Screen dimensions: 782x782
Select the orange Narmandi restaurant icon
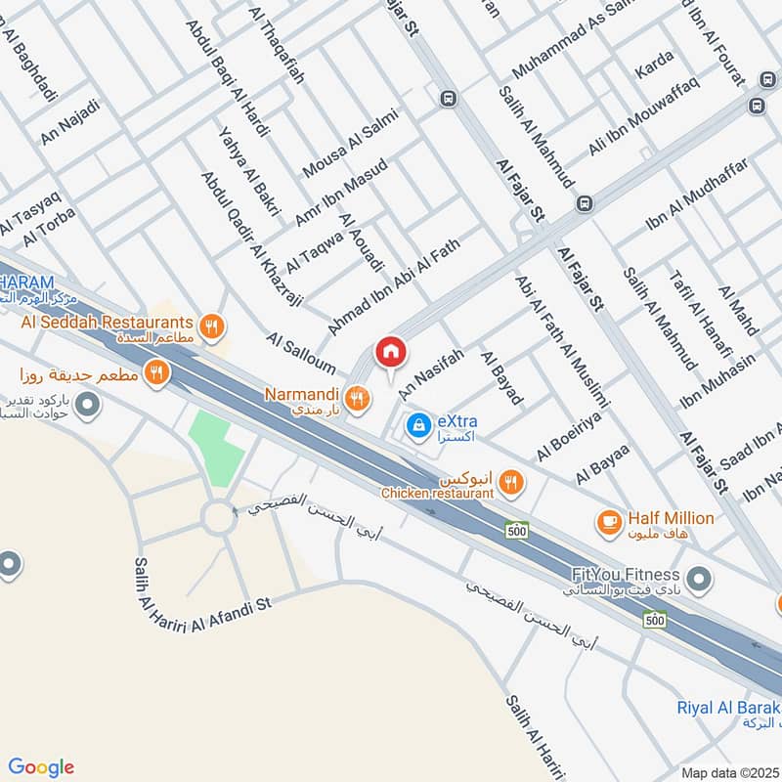(358, 397)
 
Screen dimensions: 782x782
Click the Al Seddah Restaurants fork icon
(210, 325)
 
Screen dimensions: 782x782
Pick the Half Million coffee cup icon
(610, 522)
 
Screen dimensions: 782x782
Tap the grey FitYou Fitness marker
(698, 581)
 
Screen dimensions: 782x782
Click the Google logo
(41, 767)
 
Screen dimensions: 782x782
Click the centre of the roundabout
(218, 516)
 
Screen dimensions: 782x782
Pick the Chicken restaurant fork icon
(509, 482)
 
